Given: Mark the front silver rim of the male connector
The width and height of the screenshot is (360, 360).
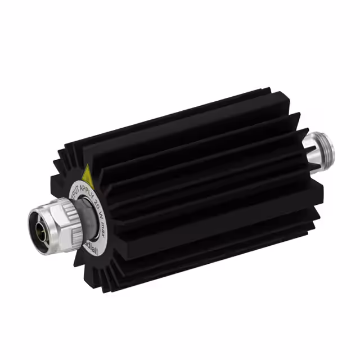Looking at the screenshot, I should [33, 219].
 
